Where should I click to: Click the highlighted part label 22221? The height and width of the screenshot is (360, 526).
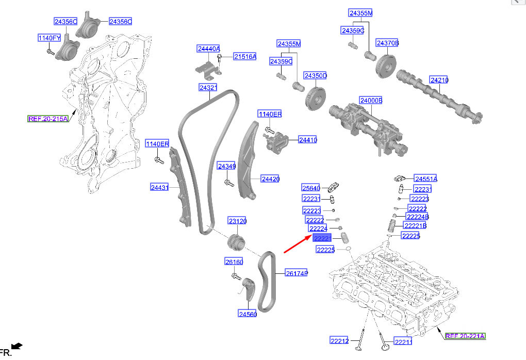point(322,238)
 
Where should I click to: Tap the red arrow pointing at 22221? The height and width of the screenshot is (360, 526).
point(298,243)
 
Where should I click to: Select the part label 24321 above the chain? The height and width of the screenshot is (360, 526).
point(208,88)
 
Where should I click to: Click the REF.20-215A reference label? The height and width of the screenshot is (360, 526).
point(48,119)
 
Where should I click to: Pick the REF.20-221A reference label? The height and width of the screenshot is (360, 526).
point(465,336)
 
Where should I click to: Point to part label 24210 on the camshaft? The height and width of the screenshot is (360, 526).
point(439,80)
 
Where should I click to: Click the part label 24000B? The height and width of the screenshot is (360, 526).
point(371,101)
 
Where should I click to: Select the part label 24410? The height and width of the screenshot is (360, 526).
point(308,140)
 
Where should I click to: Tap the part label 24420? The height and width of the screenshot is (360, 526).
point(270,179)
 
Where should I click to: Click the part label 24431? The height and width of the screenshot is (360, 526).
point(160,188)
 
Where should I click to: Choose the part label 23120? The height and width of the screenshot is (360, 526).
point(238,221)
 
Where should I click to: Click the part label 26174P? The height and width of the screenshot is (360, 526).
point(297,273)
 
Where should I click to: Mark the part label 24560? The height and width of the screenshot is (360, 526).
point(248,314)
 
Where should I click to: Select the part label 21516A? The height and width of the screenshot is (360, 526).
point(245,57)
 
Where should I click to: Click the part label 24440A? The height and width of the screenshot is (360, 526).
point(209,48)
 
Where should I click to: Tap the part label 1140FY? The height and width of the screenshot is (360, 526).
point(50,38)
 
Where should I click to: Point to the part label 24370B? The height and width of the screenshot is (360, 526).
point(387,43)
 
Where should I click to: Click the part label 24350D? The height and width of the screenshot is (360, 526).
point(315,75)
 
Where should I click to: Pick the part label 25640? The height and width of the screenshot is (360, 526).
point(311,188)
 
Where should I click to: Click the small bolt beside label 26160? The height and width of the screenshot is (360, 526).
point(237,276)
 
